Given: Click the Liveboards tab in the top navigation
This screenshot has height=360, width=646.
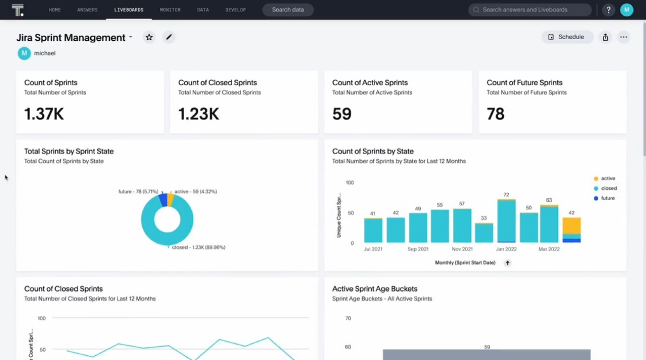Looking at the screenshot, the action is [x=129, y=10].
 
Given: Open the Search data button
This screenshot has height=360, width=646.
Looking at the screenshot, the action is [x=288, y=10].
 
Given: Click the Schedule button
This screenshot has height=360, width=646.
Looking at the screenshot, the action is [x=567, y=37].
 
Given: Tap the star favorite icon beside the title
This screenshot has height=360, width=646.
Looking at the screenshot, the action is [x=149, y=37].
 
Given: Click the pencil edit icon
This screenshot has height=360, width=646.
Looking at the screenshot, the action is [x=169, y=37].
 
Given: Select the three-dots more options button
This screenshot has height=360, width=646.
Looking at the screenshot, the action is [x=623, y=37].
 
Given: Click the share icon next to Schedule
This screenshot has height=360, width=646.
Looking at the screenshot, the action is [x=605, y=37].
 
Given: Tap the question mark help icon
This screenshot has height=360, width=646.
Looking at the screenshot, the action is [x=608, y=10].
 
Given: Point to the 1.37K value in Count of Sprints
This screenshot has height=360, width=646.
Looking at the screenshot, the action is [x=44, y=114].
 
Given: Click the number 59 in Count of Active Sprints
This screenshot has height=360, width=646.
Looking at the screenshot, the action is [x=342, y=114].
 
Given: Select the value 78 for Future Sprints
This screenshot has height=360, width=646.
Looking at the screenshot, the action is [x=495, y=114].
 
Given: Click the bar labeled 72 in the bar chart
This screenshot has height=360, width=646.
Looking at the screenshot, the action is [x=506, y=221].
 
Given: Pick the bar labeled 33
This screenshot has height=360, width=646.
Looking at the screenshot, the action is [x=484, y=233].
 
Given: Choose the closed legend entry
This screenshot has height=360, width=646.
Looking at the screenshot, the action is [x=608, y=188].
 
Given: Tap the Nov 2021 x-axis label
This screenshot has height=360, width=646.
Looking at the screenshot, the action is [x=462, y=249].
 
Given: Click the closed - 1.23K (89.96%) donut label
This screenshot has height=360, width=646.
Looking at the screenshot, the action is [x=198, y=247].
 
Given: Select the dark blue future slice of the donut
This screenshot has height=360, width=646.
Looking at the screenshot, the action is [x=163, y=200].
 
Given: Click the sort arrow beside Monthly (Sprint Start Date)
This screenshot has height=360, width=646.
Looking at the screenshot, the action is [x=507, y=263].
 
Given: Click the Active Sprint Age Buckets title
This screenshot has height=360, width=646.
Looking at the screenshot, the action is [x=375, y=289].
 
